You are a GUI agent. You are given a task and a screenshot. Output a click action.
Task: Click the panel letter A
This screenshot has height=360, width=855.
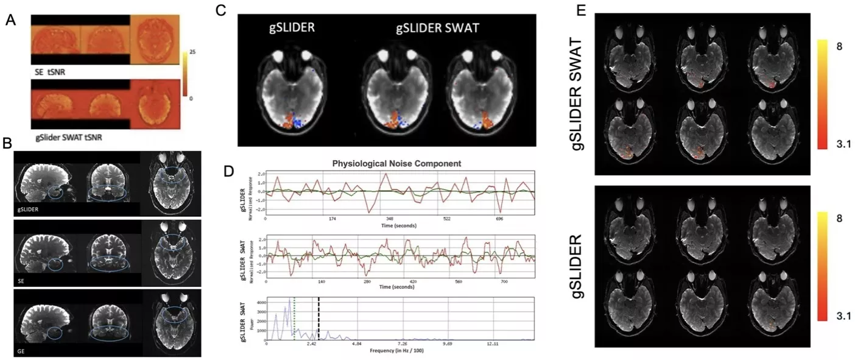10,20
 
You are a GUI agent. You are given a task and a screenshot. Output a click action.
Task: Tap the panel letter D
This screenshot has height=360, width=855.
229,170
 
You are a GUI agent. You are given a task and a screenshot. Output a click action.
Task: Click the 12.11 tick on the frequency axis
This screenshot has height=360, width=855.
493,345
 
